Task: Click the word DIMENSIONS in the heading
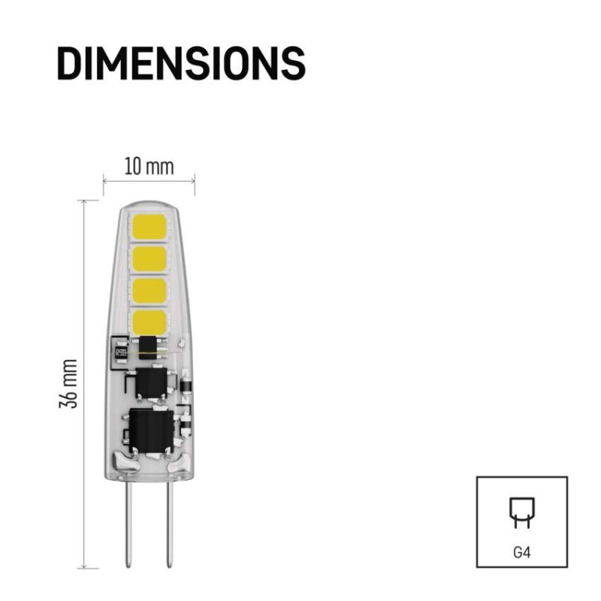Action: click(x=181, y=63)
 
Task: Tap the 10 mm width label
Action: click(x=149, y=166)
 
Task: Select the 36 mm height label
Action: click(x=68, y=384)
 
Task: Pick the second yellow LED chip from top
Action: click(x=149, y=259)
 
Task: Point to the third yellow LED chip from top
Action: click(x=149, y=291)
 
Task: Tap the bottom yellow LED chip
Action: click(x=149, y=323)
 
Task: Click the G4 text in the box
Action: click(x=522, y=552)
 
